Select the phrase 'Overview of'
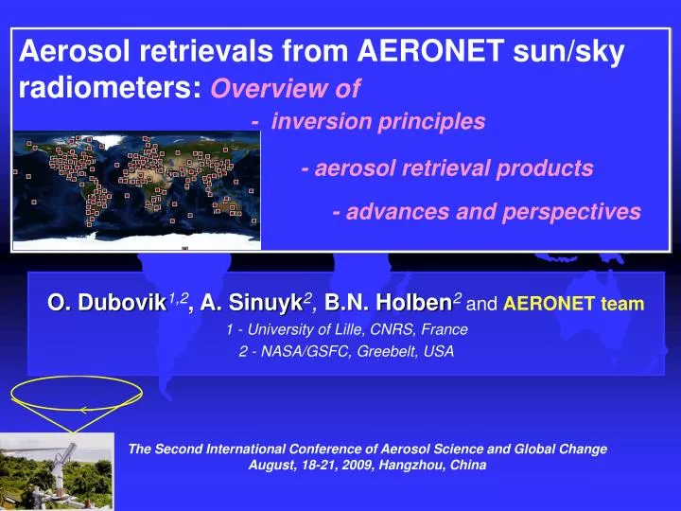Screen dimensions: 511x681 point(286,89)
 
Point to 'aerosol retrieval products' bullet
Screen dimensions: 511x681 point(454,168)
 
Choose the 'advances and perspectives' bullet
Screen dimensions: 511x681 point(492,211)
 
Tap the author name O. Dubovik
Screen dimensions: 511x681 point(107,303)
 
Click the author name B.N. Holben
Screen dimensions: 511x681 point(388,303)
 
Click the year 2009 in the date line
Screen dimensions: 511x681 point(341,466)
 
